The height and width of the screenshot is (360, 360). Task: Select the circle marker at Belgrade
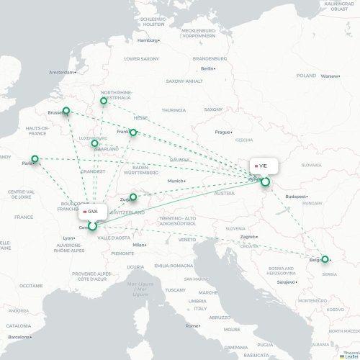[325, 259]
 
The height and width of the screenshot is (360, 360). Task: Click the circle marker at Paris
[35, 159]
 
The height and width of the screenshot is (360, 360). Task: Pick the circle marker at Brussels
[67, 111]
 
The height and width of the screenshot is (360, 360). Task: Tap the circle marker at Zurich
[133, 196]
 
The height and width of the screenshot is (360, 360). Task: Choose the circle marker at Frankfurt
[133, 132]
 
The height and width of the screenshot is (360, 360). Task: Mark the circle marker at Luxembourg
[95, 143]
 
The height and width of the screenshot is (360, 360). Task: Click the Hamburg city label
[146, 40]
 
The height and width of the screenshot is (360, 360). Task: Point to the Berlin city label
[207, 68]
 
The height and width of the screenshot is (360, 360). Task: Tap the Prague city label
[222, 132]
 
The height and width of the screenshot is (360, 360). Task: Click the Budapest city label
[295, 196]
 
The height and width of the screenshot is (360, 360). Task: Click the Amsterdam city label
[62, 72]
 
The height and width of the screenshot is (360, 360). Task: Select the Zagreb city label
[248, 237]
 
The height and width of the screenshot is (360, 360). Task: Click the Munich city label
[176, 181]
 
